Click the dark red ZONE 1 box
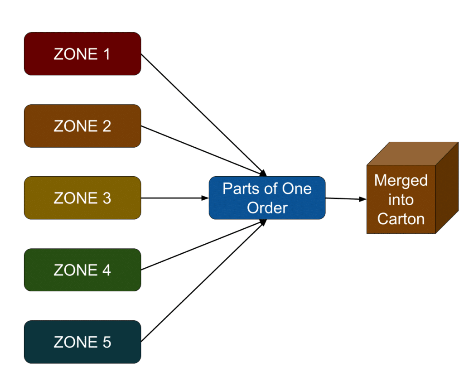(82, 54)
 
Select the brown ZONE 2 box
(82, 126)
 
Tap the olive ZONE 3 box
(82, 198)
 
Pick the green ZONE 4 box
(82, 270)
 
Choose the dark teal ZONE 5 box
(82, 342)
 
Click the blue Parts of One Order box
(267, 198)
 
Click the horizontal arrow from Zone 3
(174, 198)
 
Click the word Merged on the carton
(401, 181)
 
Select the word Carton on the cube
(401, 219)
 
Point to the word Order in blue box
(267, 208)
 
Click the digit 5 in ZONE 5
(106, 342)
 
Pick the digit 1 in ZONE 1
(106, 54)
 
